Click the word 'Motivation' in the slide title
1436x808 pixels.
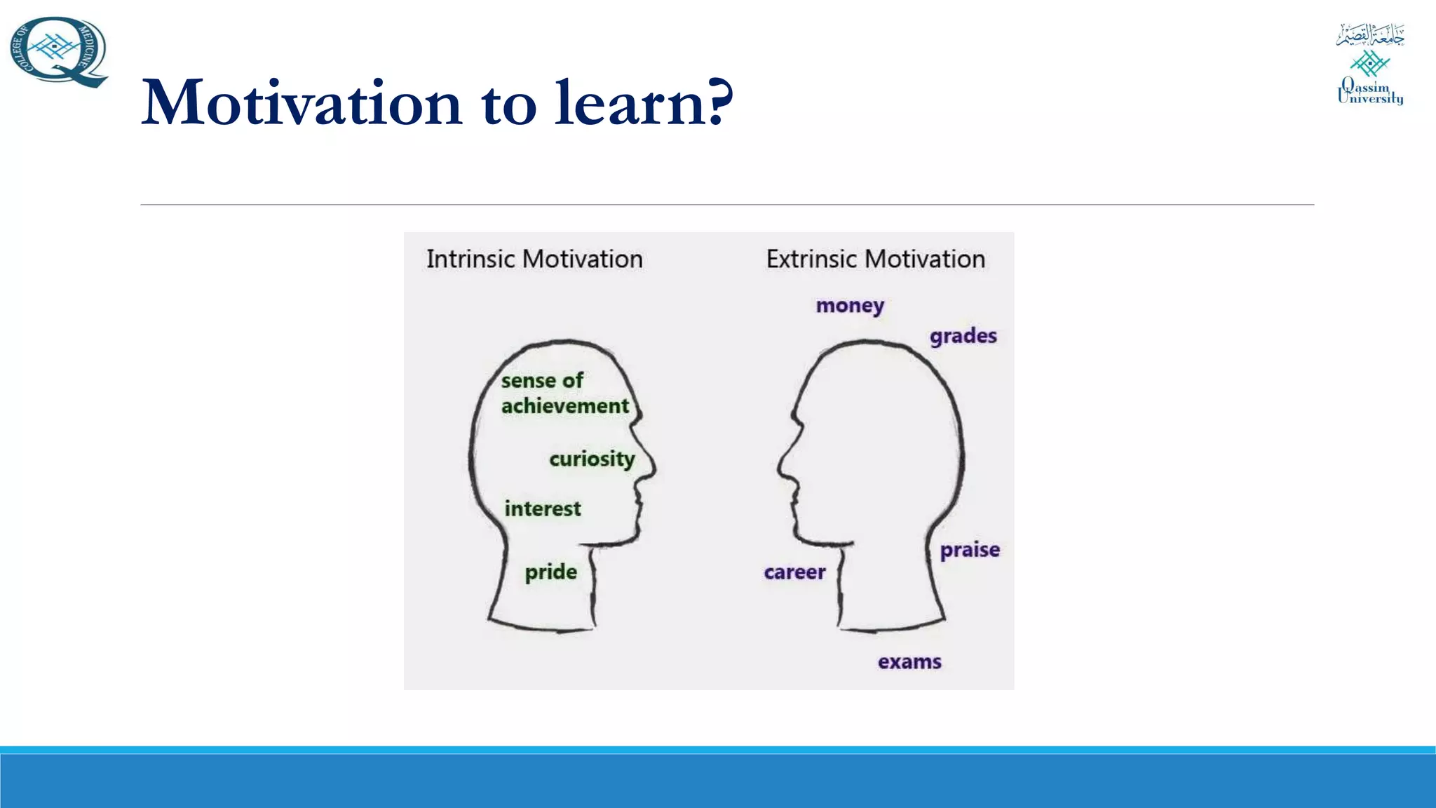tap(302, 104)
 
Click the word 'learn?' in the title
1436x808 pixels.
tap(643, 104)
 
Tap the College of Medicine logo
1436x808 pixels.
tap(59, 52)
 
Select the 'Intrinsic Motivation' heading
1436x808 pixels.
tap(534, 260)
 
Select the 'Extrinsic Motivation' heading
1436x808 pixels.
tap(875, 260)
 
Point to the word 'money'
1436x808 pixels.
tap(850, 306)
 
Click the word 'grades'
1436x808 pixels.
tap(963, 337)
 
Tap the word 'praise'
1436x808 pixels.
tap(970, 550)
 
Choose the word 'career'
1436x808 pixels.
tap(794, 572)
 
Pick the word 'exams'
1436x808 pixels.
tap(909, 662)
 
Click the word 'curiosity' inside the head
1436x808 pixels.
tap(592, 459)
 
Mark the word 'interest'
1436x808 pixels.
tap(543, 509)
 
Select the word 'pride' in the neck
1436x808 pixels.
tap(551, 572)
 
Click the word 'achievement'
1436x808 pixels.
tap(565, 406)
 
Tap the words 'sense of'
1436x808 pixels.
tap(542, 381)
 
